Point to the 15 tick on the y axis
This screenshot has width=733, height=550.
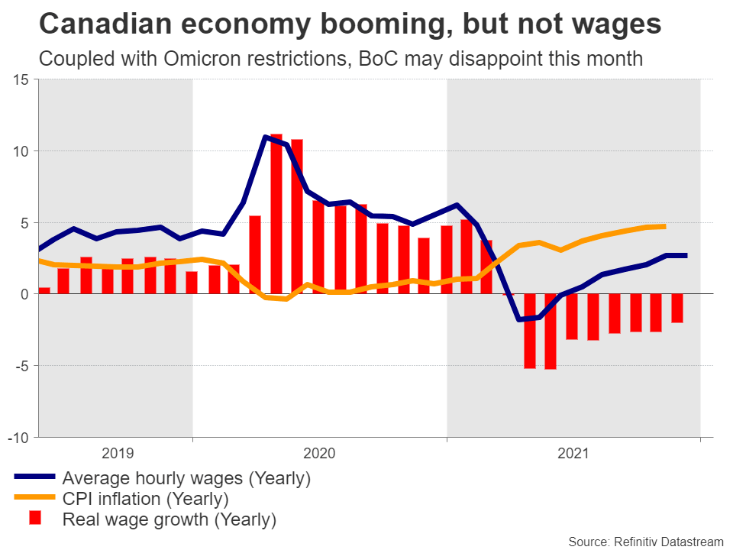(x=21, y=79)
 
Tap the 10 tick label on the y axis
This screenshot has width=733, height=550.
(x=21, y=150)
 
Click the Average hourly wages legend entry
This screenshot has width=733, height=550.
(x=186, y=479)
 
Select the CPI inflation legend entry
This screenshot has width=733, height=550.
(x=146, y=500)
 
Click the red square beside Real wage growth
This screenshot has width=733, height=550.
(x=34, y=519)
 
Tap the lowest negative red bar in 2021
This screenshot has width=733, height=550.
(x=550, y=331)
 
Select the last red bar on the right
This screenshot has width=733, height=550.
(x=676, y=308)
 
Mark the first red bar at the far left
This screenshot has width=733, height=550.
(x=44, y=290)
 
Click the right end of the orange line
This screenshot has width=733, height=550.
(x=664, y=226)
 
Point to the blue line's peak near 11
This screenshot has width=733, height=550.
(x=265, y=137)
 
